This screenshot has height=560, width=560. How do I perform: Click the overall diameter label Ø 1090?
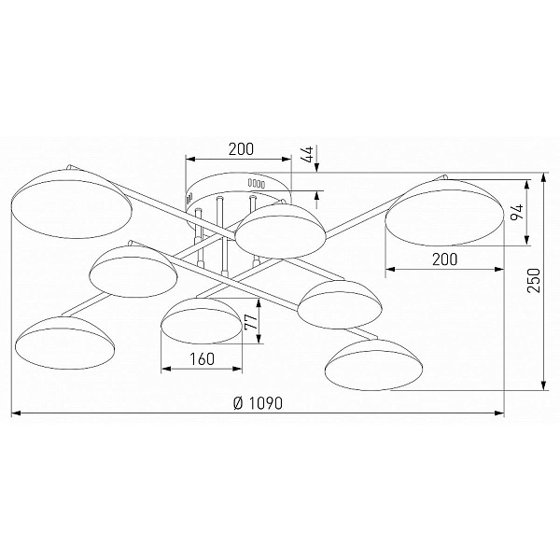[x=258, y=403]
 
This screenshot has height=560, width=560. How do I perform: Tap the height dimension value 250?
[x=534, y=280]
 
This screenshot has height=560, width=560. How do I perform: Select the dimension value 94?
[x=517, y=213]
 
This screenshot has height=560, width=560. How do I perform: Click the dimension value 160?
[x=202, y=359]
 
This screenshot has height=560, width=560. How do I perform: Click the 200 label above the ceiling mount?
[x=241, y=149]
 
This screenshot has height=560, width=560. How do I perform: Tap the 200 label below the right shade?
[x=444, y=259]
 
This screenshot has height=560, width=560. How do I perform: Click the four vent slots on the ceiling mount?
[x=257, y=184]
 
